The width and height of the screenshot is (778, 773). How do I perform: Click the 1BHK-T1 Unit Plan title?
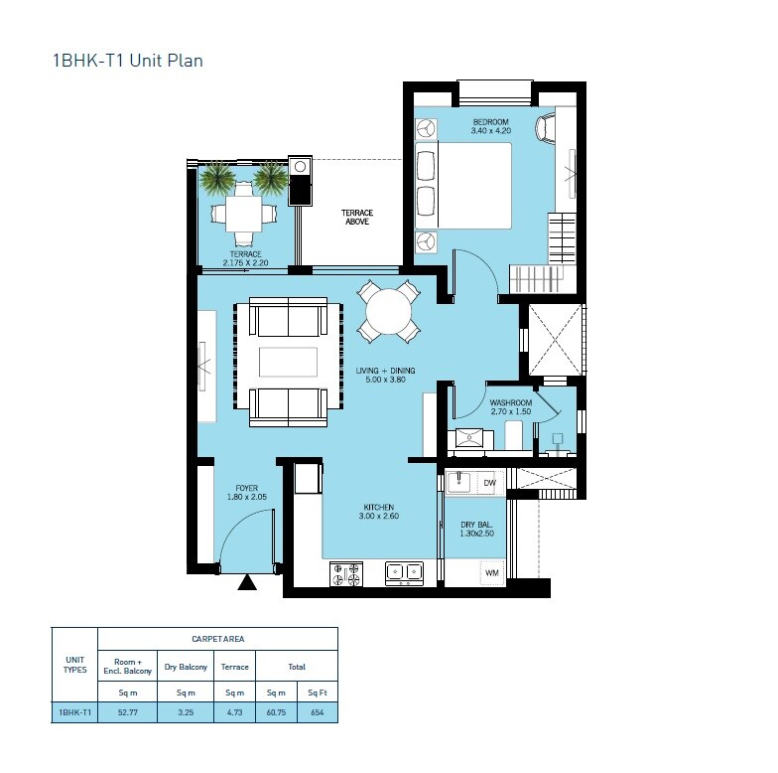pyautogui.click(x=127, y=61)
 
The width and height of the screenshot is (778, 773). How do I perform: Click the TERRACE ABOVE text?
pyautogui.click(x=355, y=218)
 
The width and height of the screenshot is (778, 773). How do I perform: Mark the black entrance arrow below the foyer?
pyautogui.click(x=247, y=583)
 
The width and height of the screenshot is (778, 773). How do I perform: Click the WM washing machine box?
pyautogui.click(x=490, y=573)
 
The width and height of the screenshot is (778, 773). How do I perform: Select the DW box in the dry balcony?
pyautogui.click(x=488, y=483)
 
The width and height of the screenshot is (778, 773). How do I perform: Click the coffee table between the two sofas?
pyautogui.click(x=288, y=362)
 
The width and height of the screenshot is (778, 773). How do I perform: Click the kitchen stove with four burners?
pyautogui.click(x=347, y=573)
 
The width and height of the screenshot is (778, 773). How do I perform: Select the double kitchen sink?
pyautogui.click(x=403, y=572)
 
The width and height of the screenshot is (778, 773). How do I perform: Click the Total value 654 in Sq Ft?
pyautogui.click(x=317, y=712)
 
